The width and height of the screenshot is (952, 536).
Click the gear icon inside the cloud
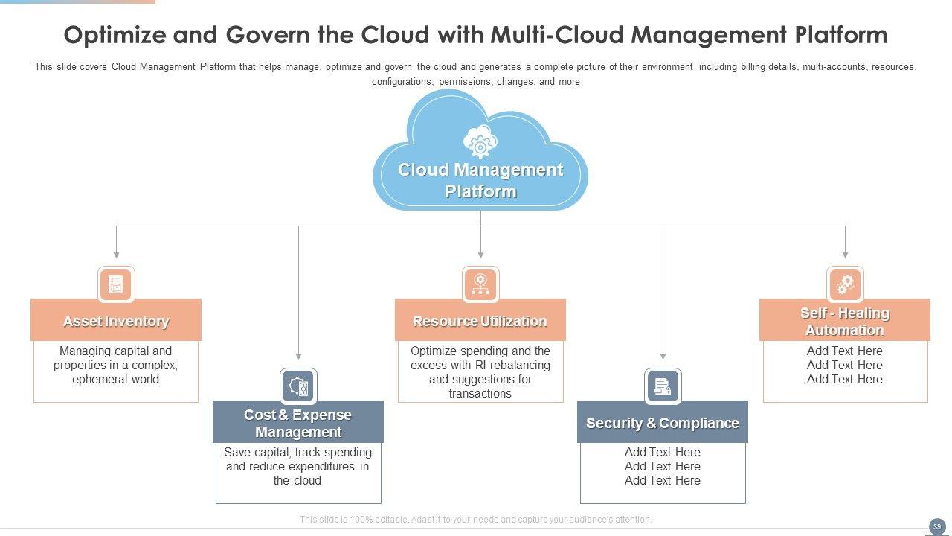click(480, 141)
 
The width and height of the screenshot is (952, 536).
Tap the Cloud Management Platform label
click(480, 180)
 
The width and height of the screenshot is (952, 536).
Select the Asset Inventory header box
click(116, 321)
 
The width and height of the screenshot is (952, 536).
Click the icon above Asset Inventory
click(116, 284)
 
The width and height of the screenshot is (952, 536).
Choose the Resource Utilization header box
click(480, 321)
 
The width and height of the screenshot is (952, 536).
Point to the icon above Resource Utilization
click(480, 284)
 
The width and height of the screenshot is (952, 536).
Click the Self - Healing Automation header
click(844, 321)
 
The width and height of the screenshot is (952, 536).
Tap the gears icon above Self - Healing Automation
click(845, 284)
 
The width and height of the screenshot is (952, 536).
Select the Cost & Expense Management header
click(297, 423)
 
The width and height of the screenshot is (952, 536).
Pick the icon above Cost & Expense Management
click(298, 386)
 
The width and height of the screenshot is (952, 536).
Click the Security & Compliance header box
click(662, 423)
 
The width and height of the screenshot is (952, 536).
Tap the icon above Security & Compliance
click(663, 386)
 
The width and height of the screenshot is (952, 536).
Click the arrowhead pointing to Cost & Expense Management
click(298, 357)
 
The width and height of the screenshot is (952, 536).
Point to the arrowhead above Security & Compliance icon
click(663, 357)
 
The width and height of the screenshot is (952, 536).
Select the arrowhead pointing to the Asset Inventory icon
click(116, 255)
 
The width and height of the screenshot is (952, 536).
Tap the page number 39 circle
click(936, 526)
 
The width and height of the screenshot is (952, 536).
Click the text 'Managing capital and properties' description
click(116, 365)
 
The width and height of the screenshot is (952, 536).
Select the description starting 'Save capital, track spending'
click(297, 466)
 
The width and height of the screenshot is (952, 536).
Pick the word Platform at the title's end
click(840, 35)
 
